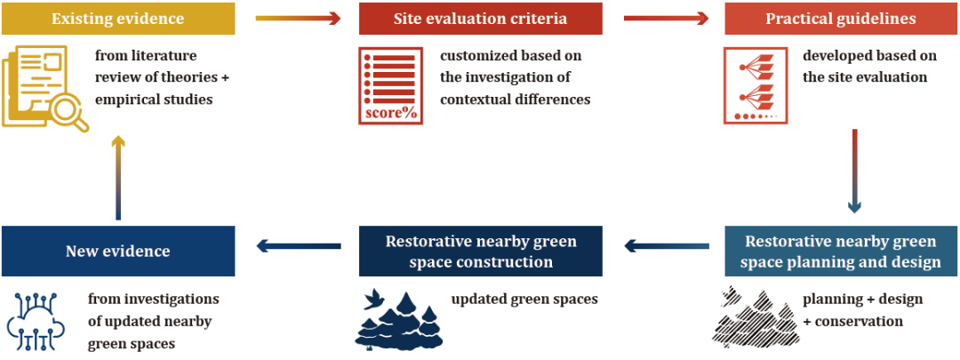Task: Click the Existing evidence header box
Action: [118, 19]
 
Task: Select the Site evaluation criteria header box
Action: [481, 19]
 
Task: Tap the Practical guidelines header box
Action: [840, 19]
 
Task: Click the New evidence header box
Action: [118, 251]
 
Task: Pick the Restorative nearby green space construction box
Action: [481, 251]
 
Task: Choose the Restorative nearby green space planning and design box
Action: [842, 251]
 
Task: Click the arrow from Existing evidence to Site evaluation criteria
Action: [298, 18]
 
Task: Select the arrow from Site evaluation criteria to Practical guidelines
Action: [666, 18]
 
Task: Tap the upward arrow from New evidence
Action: [118, 178]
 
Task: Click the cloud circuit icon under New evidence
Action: [35, 317]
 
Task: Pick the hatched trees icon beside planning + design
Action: [752, 318]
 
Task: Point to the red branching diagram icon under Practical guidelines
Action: [752, 85]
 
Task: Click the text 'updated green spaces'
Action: [524, 300]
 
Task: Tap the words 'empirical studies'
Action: [155, 100]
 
